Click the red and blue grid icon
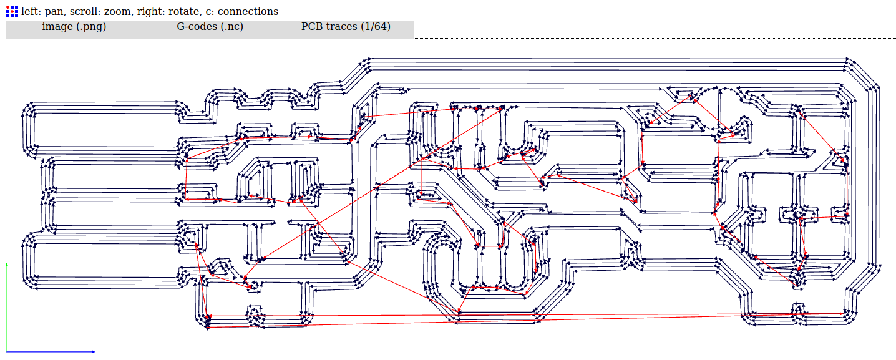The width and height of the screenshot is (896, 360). pyautogui.click(x=12, y=11)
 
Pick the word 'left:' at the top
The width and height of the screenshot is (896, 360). pyautogui.click(x=32, y=11)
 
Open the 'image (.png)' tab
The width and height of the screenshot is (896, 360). pyautogui.click(x=74, y=27)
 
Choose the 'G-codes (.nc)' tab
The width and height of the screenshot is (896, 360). pyautogui.click(x=210, y=27)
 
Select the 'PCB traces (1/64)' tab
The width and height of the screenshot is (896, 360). pyautogui.click(x=346, y=27)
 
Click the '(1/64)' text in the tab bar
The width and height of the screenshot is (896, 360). pyautogui.click(x=376, y=27)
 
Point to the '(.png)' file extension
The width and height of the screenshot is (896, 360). pyautogui.click(x=89, y=27)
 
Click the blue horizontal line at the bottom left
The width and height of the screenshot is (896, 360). pyautogui.click(x=50, y=352)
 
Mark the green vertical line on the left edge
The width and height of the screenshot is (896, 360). pyautogui.click(x=6, y=306)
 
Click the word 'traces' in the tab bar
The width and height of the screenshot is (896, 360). pyautogui.click(x=341, y=27)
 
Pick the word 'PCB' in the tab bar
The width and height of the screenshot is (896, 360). pyautogui.click(x=313, y=27)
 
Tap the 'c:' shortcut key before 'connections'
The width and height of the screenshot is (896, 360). pyautogui.click(x=210, y=11)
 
